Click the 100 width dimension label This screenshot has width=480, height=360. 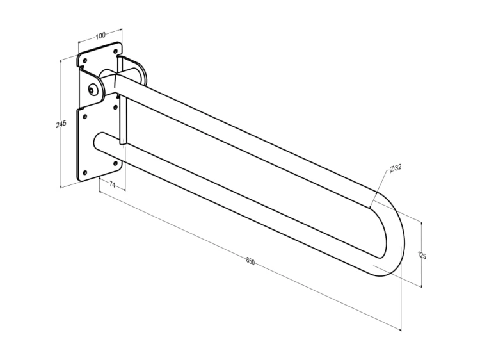tap(100, 35)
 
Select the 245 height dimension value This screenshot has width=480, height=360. tap(61, 124)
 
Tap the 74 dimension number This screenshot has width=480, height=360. tap(113, 184)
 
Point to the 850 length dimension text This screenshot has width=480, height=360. tap(250, 261)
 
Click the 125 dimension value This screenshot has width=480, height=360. tap(422, 255)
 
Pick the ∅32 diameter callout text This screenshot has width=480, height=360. tap(396, 168)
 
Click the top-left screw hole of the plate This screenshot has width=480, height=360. tap(85, 61)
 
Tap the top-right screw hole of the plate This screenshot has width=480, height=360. tap(115, 51)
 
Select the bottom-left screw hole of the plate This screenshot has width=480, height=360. tap(85, 173)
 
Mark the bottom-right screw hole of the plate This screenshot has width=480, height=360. tap(115, 163)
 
